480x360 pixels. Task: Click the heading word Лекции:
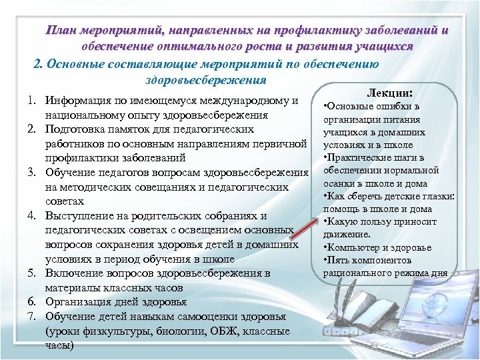click(390, 94)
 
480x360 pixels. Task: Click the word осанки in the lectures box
click(339, 183)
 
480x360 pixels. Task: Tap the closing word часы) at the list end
click(59, 345)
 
